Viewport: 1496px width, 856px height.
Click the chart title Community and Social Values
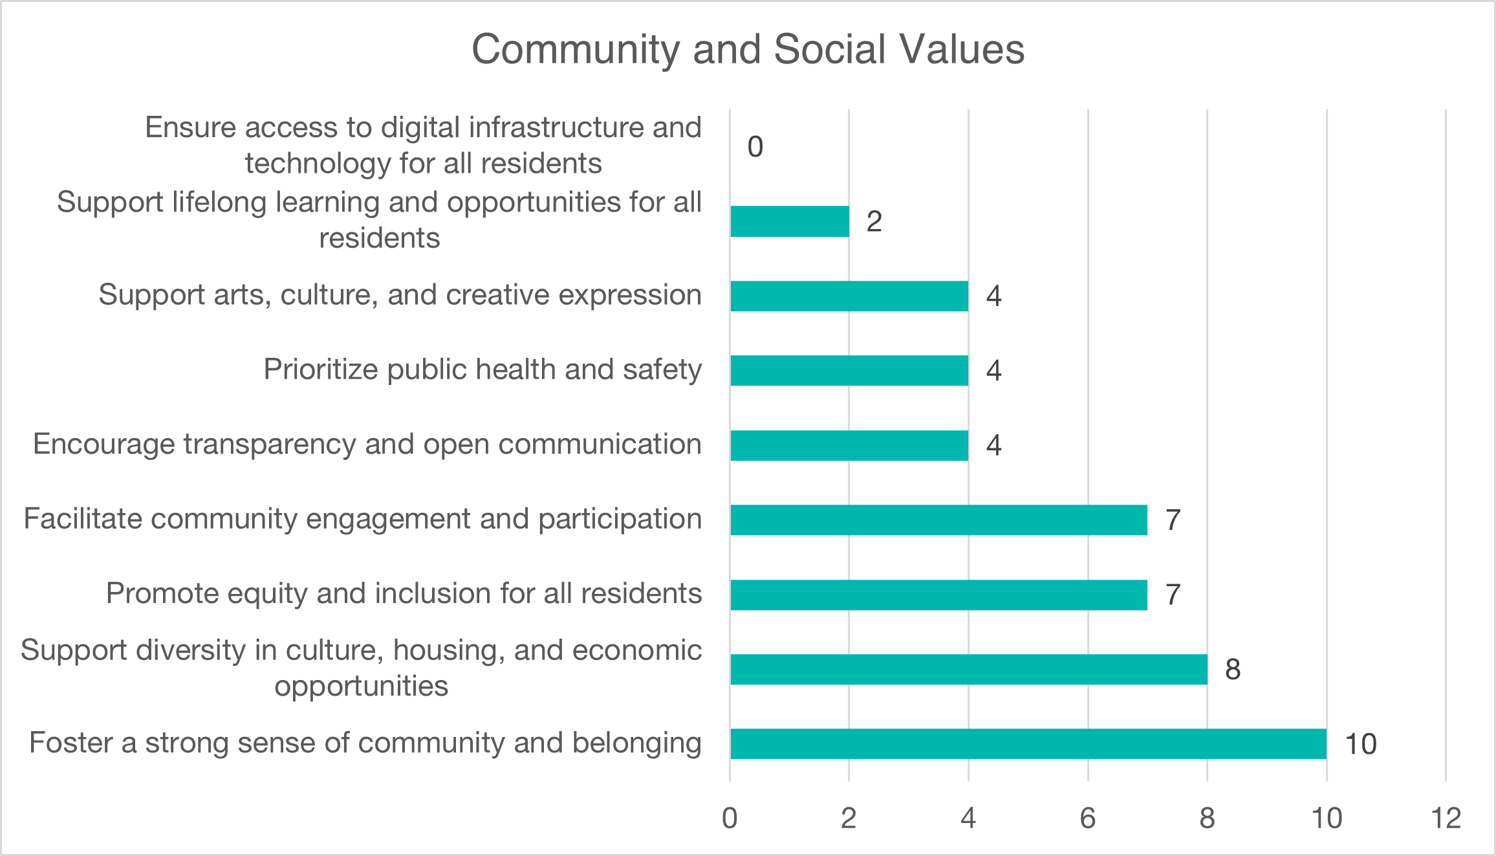point(748,49)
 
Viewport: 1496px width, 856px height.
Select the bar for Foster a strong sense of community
point(1028,743)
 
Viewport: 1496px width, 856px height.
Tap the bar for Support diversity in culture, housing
point(968,669)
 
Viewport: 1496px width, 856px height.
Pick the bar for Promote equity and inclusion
point(938,595)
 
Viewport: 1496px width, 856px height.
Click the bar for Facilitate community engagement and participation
point(938,520)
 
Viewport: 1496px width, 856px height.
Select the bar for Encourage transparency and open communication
point(849,445)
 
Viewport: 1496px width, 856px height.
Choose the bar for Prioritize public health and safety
point(849,370)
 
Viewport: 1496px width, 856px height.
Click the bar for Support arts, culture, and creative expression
point(849,296)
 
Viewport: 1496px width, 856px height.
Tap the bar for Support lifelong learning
point(790,221)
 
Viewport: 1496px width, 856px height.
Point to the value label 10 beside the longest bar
point(1360,744)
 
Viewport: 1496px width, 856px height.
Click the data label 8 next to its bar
point(1233,670)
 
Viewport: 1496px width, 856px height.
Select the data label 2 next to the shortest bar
point(874,222)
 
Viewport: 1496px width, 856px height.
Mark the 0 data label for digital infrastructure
point(755,147)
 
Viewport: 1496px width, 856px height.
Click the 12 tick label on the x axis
point(1446,818)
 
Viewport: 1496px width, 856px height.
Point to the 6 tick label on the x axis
point(1088,818)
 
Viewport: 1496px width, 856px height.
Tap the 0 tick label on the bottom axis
point(730,818)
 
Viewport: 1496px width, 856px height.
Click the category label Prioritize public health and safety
point(482,369)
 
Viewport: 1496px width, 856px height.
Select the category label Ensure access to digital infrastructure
point(423,145)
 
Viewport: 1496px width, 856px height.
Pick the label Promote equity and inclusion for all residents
point(404,593)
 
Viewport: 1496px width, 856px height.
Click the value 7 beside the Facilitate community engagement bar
point(1173,520)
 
